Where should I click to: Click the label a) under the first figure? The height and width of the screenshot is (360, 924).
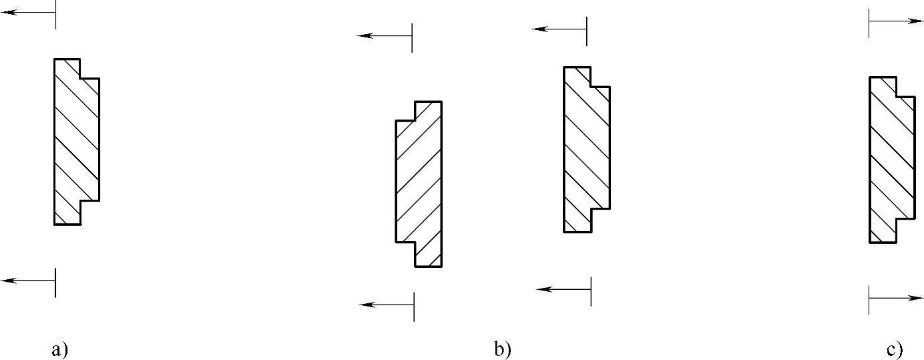click(x=60, y=349)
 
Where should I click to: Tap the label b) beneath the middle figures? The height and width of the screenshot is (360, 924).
click(x=502, y=349)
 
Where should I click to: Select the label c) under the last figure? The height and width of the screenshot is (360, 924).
click(x=895, y=349)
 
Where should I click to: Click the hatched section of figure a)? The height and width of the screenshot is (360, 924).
click(x=75, y=140)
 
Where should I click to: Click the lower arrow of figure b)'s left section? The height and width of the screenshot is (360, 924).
click(x=387, y=305)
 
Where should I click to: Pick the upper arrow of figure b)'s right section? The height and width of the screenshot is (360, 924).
click(x=559, y=29)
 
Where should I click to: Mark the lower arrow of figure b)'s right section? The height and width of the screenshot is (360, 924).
click(x=564, y=289)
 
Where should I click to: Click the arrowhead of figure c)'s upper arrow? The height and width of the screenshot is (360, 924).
click(x=917, y=21)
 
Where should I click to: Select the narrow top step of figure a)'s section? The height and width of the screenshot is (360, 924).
click(x=67, y=68)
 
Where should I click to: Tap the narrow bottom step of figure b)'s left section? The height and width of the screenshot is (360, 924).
click(x=428, y=254)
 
